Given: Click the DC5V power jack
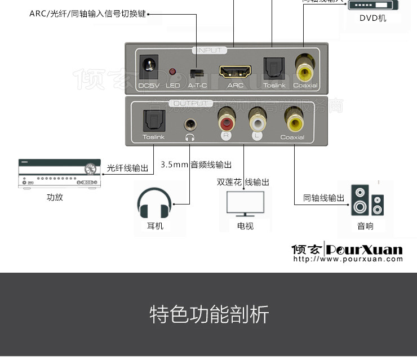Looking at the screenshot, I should point(149,66).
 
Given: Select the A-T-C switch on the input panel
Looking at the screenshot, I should point(196,73).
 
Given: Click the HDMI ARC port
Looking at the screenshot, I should point(235,72).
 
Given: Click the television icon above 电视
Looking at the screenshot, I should point(245,203).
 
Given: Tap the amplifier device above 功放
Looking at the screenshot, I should point(60,175).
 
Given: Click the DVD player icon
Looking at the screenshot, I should point(372,5).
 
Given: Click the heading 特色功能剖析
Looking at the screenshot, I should point(209,314).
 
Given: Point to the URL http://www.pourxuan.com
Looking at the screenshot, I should point(348,259).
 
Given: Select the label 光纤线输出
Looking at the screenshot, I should point(128,168).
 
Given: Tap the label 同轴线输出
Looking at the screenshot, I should point(324,198).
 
